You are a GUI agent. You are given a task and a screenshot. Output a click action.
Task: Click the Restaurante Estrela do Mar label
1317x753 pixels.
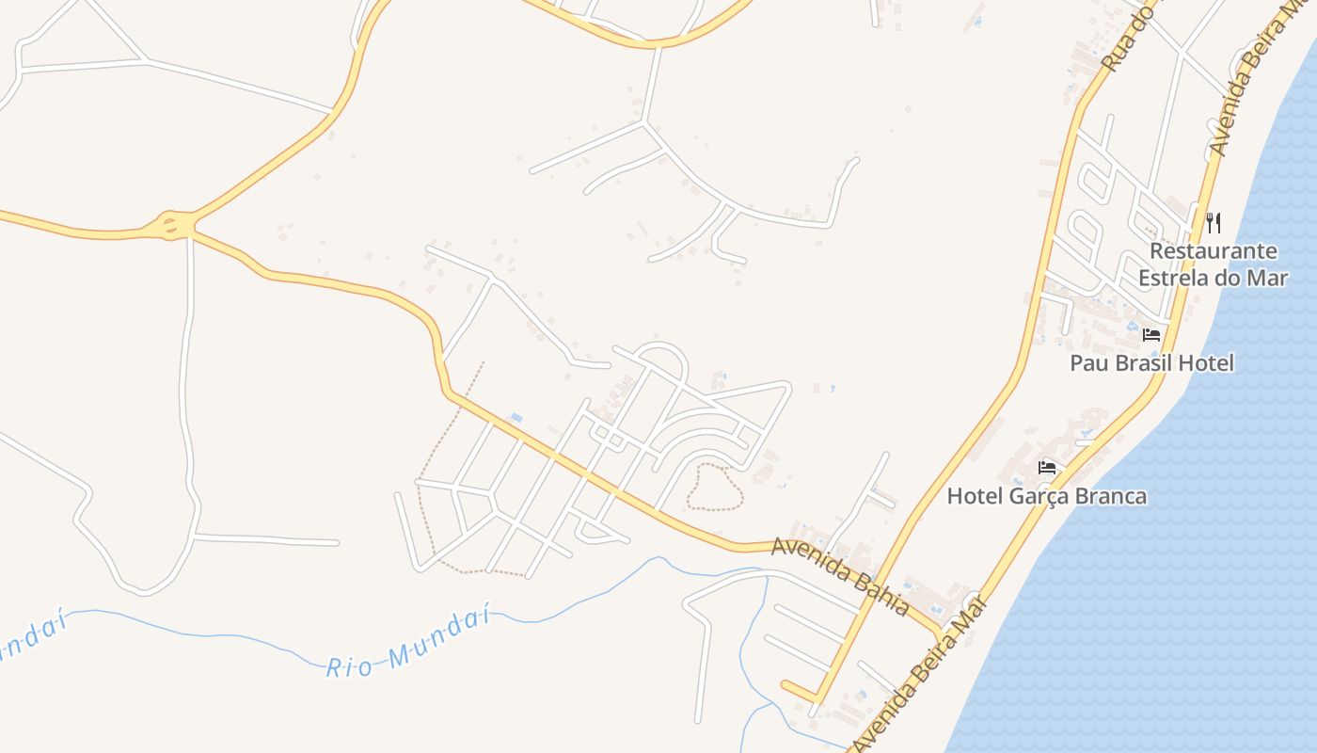pos(1213,264)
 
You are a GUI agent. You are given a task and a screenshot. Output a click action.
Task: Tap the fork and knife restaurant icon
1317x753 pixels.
pos(1214,223)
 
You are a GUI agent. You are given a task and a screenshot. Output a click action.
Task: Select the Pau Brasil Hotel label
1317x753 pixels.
pos(1151,363)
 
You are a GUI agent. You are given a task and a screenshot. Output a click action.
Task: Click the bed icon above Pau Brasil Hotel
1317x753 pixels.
pos(1151,335)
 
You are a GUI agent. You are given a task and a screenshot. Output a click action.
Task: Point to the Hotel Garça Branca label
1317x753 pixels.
pos(1047,496)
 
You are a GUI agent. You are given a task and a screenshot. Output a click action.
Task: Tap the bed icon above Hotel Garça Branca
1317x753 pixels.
pos(1047,467)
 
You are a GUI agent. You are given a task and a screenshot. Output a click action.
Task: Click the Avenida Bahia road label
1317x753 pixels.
pos(840,575)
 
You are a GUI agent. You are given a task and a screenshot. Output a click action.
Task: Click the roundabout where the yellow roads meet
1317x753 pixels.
pos(171,225)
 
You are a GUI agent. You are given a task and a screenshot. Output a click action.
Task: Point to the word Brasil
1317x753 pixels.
pos(1145,363)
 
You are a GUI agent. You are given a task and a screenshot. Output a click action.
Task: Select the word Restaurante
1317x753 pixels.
pos(1214,251)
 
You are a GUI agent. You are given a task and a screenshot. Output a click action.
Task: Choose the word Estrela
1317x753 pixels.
pos(1175,278)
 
